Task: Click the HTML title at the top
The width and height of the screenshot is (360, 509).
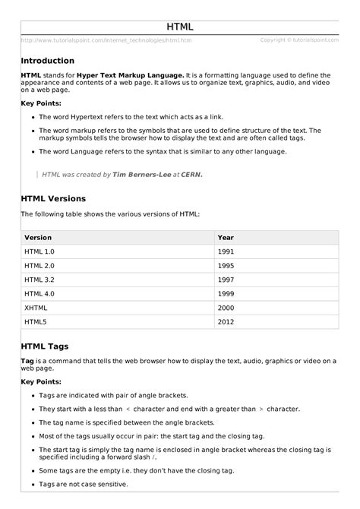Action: point(180,27)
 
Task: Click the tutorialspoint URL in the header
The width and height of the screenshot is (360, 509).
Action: point(106,40)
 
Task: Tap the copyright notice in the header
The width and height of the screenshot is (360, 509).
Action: point(298,40)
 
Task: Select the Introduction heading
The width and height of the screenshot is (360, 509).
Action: point(48,61)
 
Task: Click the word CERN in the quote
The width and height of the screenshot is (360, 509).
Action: point(192,174)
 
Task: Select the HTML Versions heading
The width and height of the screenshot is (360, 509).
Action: point(54,199)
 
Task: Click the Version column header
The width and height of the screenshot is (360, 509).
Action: point(39,237)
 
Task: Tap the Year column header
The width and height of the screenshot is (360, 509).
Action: point(226,237)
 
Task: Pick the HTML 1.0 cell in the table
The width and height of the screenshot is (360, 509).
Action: point(40,251)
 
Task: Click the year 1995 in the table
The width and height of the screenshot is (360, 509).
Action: point(226,265)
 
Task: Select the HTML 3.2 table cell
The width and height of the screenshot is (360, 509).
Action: point(40,279)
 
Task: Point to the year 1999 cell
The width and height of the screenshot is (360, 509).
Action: point(226,293)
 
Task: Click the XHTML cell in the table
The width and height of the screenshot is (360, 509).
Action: point(36,307)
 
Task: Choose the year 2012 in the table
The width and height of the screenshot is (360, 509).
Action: point(226,321)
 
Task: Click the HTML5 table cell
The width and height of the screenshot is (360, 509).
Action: point(36,321)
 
